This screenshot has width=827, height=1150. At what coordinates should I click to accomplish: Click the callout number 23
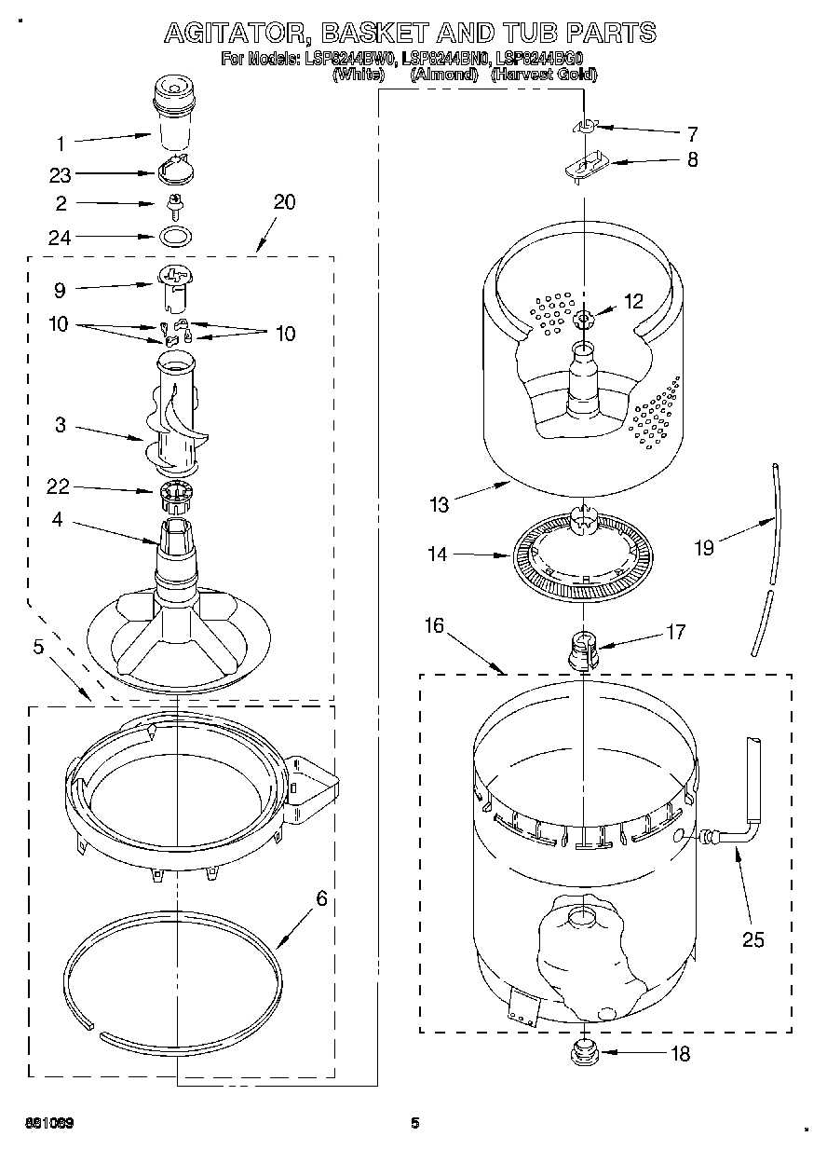tap(60, 174)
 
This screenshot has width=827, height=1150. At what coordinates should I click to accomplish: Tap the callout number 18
tap(681, 1054)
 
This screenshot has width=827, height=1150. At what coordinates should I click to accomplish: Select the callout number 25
tap(752, 939)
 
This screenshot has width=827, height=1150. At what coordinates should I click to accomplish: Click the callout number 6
tap(321, 898)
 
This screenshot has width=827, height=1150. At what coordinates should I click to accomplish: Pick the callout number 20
tap(284, 202)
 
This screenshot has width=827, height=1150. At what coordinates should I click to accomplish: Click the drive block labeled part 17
tap(583, 647)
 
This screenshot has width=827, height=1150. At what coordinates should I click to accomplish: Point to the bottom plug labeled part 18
tap(585, 1054)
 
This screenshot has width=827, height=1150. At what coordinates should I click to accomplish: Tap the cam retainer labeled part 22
tap(175, 494)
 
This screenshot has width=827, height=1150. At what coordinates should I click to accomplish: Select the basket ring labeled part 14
tap(583, 558)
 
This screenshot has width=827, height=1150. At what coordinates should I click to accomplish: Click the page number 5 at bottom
tap(415, 1122)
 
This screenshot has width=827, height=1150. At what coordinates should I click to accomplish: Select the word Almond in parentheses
tap(443, 75)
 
